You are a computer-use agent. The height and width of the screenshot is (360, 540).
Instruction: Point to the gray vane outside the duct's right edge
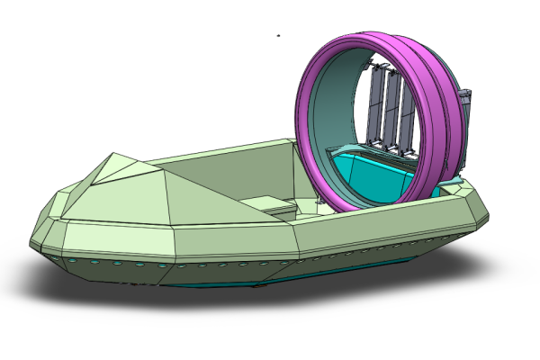(x=464, y=126)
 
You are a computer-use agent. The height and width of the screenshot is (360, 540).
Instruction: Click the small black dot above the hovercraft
(x=279, y=36)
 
